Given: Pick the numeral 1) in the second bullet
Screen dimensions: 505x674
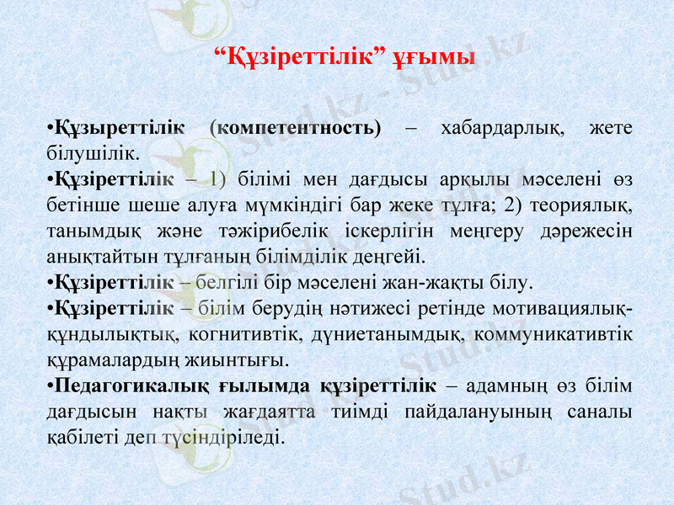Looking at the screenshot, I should pyautogui.click(x=217, y=178).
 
